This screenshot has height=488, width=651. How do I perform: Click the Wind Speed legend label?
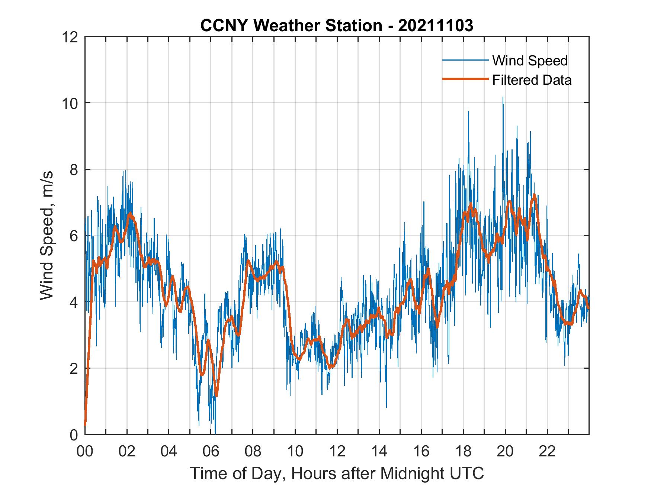530,61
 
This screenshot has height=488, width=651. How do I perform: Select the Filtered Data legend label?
532,80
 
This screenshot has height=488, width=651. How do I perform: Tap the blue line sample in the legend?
465,60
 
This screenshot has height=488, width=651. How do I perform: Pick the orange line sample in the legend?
465,79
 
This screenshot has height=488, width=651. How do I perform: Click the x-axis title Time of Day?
337,473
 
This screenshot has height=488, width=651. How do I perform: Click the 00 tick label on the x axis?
85,452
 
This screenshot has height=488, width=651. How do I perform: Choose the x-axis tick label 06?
211,452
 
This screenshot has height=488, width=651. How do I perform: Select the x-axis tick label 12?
337,452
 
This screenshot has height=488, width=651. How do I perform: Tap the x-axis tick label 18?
463,452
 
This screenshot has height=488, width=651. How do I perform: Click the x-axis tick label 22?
547,452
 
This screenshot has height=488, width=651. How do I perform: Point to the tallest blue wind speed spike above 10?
503,98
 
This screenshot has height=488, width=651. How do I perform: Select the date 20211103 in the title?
436,26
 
